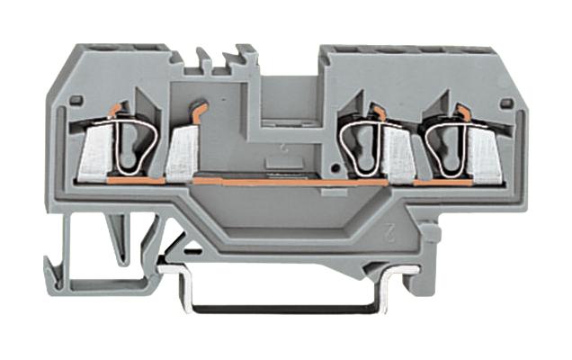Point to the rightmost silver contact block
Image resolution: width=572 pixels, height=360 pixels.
click(x=483, y=157)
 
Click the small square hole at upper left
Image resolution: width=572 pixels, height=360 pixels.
click(x=77, y=100)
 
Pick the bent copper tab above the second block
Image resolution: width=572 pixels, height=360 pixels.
click(x=198, y=112)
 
